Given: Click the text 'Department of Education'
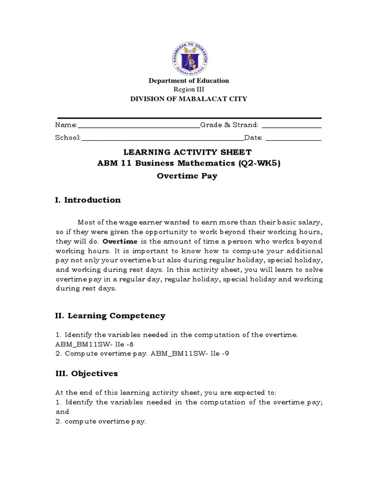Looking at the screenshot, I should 189,81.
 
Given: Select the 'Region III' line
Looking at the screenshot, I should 184,89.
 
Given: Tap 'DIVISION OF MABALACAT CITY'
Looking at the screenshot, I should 189,99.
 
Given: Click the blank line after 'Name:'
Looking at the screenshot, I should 139,127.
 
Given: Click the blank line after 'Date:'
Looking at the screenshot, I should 293,140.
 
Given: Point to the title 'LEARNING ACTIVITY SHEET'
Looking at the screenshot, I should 187,152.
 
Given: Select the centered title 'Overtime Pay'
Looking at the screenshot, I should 187,176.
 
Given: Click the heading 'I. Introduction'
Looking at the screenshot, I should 88,200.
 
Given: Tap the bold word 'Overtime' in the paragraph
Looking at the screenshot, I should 120,242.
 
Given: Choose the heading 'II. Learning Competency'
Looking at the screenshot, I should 110,316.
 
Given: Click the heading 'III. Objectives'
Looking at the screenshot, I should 86,373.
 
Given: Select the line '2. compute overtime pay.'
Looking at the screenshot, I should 101,422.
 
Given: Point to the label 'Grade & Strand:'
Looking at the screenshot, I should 229,125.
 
